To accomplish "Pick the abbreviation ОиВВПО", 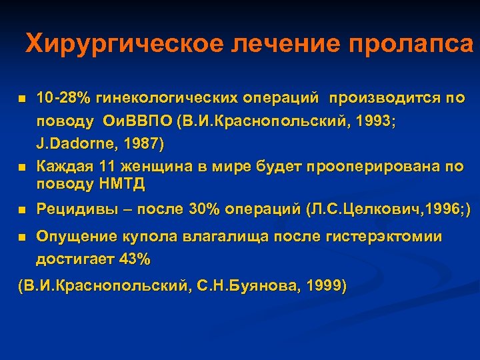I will [x=129, y=122].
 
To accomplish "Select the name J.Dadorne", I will [x=77, y=143].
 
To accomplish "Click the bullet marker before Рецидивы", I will [x=21, y=210].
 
